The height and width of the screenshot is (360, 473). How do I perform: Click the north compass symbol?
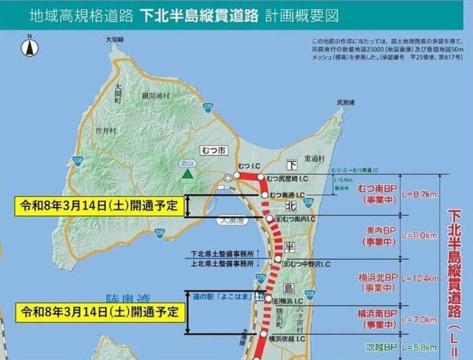pos(30,47)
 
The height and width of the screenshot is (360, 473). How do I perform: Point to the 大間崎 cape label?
pos(114,39)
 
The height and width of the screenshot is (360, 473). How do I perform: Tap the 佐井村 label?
pos(105,131)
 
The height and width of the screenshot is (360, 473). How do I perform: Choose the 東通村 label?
pos(315,159)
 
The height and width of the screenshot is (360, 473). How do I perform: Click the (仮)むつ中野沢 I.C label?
pos(306,264)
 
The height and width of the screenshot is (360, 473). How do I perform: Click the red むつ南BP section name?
pos(377,190)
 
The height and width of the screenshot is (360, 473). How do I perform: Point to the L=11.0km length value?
pos(419,236)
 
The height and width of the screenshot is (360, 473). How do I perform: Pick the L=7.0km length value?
pos(419,320)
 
